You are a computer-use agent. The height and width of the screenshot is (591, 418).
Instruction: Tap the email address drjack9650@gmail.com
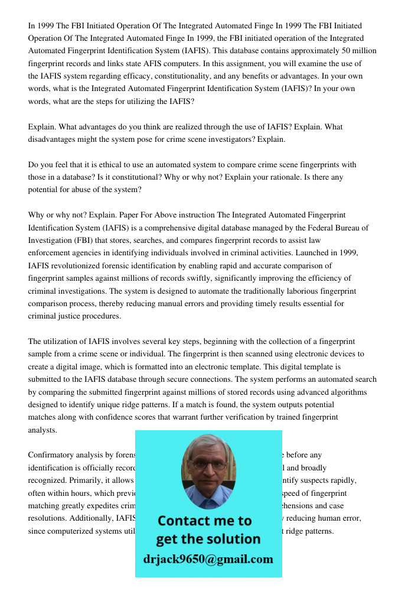208,559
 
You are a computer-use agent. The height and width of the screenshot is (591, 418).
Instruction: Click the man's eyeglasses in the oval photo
208,465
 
